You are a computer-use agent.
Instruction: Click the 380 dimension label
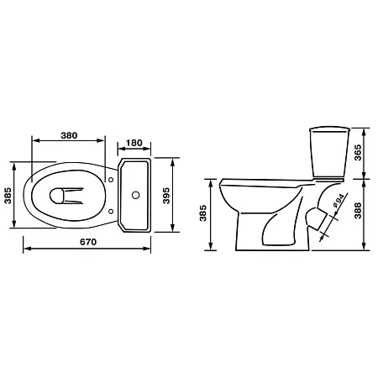point(69,135)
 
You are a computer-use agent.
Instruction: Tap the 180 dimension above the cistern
point(134,143)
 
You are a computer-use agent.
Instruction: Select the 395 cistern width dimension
point(166,196)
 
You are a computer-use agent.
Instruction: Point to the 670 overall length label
point(88,242)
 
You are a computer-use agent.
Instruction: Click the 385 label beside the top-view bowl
point(8,195)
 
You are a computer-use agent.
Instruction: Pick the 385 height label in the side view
point(202,213)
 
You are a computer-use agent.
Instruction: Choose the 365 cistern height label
point(358,153)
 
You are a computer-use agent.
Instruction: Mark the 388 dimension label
point(358,211)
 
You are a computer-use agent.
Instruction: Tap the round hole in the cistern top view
point(136,195)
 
